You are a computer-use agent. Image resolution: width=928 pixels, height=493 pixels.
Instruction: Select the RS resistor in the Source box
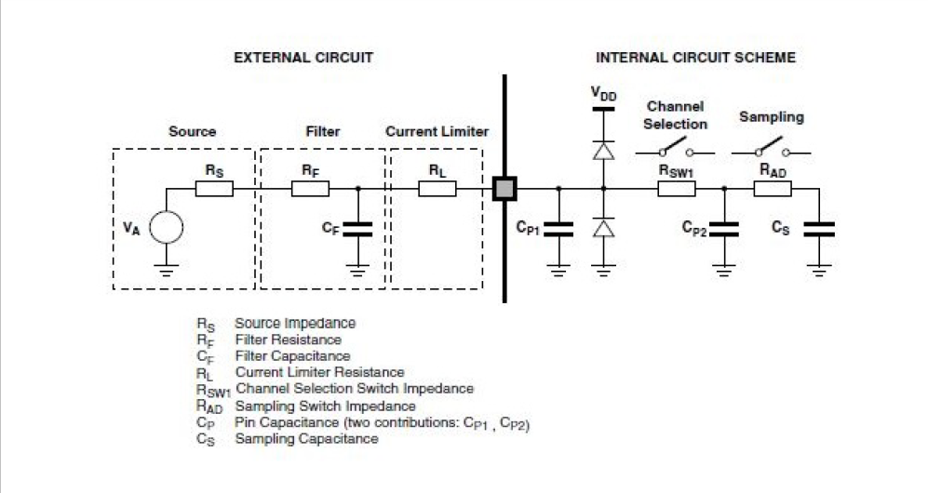pyautogui.click(x=213, y=189)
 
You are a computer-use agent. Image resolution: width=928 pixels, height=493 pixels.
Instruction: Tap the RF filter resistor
pyautogui.click(x=310, y=189)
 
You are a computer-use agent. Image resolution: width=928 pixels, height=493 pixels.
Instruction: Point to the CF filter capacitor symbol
pyautogui.click(x=358, y=228)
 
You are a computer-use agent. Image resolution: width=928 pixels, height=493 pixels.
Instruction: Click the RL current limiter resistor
pyautogui.click(x=437, y=189)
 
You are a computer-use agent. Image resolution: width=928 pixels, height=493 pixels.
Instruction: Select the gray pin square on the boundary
pyautogui.click(x=504, y=189)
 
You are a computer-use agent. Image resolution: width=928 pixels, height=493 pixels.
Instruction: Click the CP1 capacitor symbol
pyautogui.click(x=558, y=227)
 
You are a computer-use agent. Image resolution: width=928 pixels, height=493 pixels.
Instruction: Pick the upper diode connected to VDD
pyautogui.click(x=604, y=148)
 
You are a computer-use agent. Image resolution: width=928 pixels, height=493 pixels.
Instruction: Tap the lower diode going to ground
pyautogui.click(x=604, y=228)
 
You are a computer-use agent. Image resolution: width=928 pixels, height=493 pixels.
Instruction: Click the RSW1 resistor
pyautogui.click(x=677, y=189)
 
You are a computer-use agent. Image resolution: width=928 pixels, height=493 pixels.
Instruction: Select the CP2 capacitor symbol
pyautogui.click(x=724, y=228)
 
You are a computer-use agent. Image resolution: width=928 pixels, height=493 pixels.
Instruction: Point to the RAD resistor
pyautogui.click(x=772, y=189)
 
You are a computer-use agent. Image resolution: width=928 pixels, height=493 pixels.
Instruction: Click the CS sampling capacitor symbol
pyautogui.click(x=819, y=228)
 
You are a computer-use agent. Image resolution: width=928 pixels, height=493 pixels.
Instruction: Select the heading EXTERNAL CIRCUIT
pyautogui.click(x=303, y=58)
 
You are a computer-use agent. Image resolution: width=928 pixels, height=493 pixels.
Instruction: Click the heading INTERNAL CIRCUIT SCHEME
pyautogui.click(x=695, y=58)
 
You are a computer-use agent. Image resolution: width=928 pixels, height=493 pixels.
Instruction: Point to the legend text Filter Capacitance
pyautogui.click(x=292, y=356)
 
